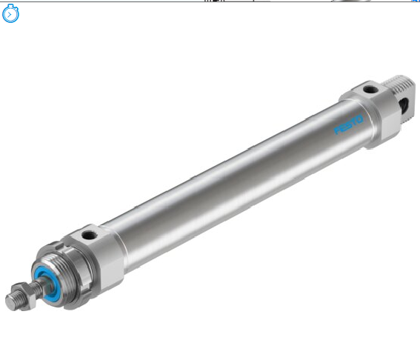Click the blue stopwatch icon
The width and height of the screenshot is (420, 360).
pyautogui.click(x=10, y=13)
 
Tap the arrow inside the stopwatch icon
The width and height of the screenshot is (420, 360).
pyautogui.click(x=10, y=15)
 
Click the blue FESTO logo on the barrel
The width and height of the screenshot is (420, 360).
pyautogui.click(x=348, y=125)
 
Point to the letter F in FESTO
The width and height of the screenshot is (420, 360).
pyautogui.click(x=338, y=130)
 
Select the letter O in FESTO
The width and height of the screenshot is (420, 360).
pyautogui.click(x=359, y=119)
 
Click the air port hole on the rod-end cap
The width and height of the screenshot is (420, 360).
pyautogui.click(x=89, y=236)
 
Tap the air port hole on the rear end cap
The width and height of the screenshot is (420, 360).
pyautogui.click(x=370, y=89)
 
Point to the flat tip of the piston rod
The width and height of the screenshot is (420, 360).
pyautogui.click(x=10, y=302)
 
